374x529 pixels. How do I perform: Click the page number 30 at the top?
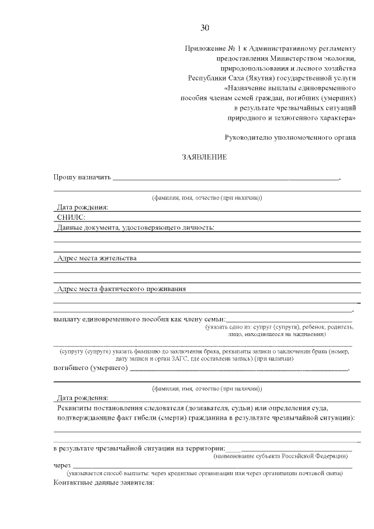pyautogui.click(x=205, y=27)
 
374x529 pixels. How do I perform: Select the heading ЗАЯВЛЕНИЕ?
pyautogui.click(x=205, y=157)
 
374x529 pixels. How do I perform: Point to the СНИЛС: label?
pyautogui.click(x=71, y=217)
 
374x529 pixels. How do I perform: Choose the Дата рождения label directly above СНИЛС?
pyautogui.click(x=82, y=208)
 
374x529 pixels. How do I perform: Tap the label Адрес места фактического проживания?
pyautogui.click(x=122, y=288)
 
